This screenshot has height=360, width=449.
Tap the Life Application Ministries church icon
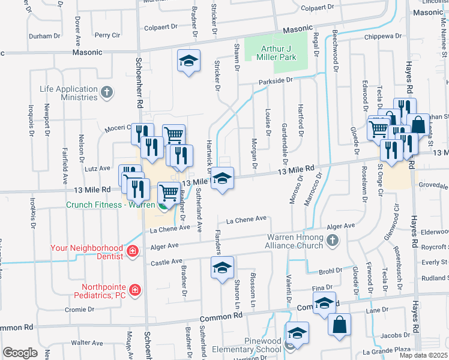tap(107, 92)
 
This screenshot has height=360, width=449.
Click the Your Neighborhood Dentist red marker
tap(131, 251)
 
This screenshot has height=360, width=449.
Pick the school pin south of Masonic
tap(188, 62)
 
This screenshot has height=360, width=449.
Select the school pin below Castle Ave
tap(222, 267)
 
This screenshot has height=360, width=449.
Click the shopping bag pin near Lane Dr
tap(339, 324)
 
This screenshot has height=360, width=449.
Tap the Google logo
tap(20, 352)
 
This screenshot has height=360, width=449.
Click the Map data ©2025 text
tap(423, 355)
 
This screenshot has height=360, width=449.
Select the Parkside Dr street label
tap(276, 80)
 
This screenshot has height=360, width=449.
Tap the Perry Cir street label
tap(107, 35)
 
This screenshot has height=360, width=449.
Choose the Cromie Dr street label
tap(80, 310)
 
